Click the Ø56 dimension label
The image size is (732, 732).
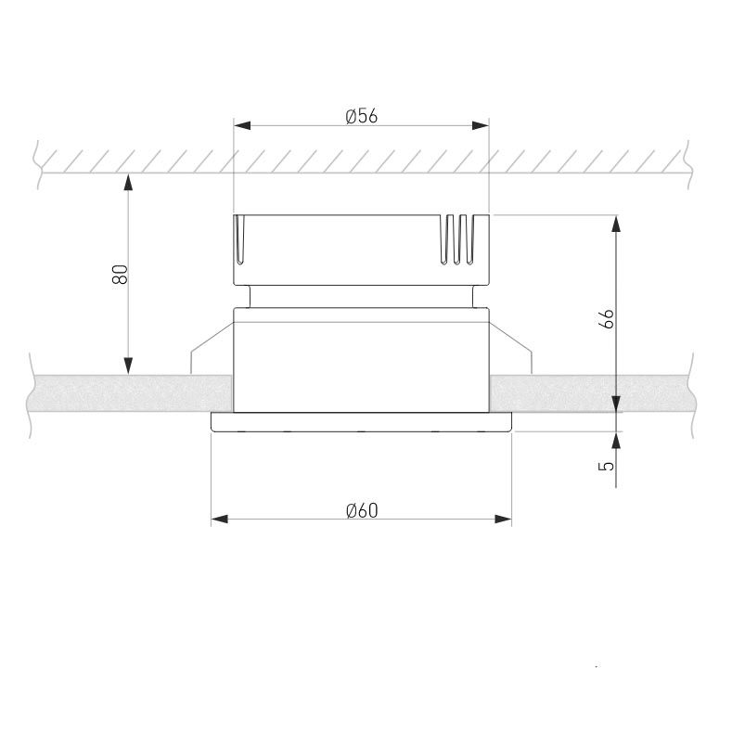361,116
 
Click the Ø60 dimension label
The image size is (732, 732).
362,510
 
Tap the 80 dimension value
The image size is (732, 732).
120,274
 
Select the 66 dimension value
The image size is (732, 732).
606,319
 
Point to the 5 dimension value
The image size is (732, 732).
607,466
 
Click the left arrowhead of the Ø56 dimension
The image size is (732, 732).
242,125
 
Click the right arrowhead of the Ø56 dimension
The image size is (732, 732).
481,125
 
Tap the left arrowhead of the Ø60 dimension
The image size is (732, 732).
220,520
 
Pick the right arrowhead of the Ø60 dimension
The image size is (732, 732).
503,520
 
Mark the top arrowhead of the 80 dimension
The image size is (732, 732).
128,182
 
